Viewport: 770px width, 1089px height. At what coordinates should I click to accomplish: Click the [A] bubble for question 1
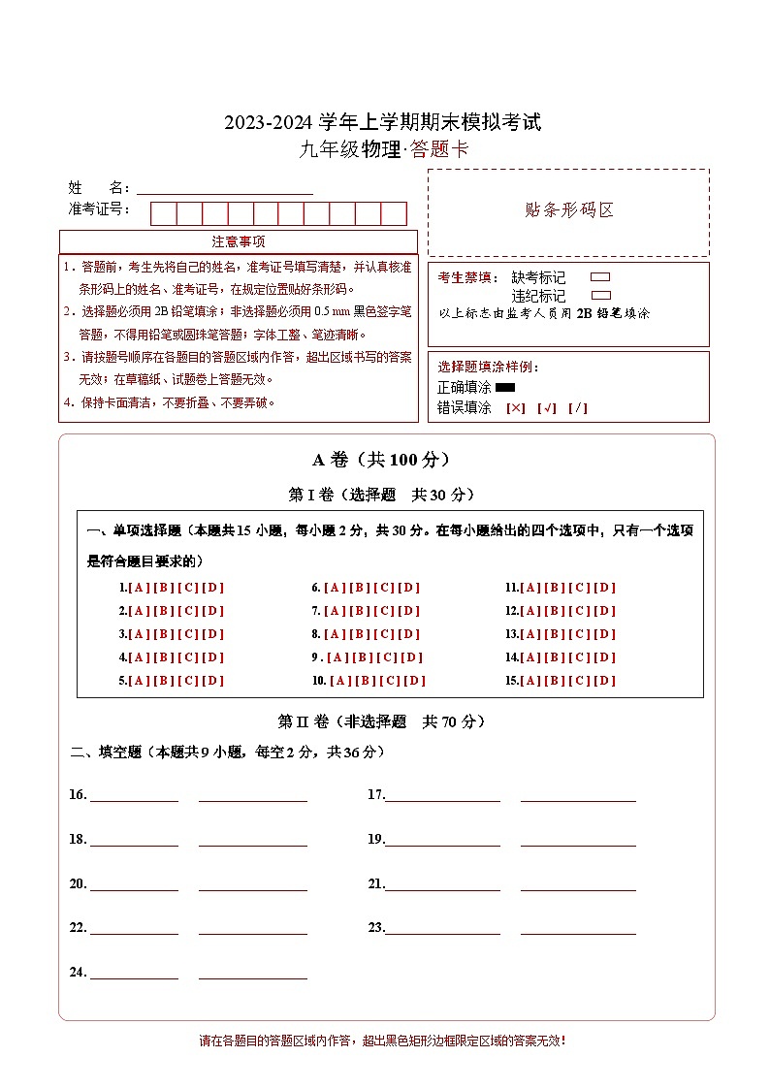pos(140,588)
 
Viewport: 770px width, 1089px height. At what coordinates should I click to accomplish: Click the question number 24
pos(78,972)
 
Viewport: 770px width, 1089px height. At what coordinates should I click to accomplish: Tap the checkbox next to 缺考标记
pos(600,277)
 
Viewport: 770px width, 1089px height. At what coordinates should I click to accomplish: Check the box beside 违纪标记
pos(600,295)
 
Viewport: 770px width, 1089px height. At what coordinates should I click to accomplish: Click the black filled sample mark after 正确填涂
pos(505,388)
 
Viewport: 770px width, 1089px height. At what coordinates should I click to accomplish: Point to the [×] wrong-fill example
pos(516,408)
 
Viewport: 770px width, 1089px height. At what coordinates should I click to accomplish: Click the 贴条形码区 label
pos(568,210)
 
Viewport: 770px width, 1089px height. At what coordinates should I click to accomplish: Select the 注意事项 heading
pos(239,241)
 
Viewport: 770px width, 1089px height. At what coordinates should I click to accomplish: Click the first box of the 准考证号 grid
pos(163,213)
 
